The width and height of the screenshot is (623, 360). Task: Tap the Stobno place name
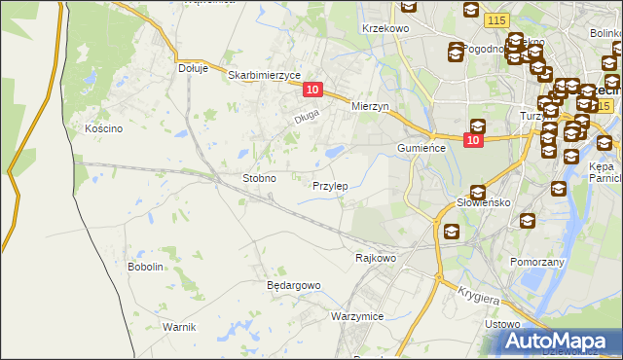259,179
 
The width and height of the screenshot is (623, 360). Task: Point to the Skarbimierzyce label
264,74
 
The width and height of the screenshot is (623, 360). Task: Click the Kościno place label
102,128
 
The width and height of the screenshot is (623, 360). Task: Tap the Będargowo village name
293,285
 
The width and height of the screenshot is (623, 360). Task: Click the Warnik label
180,327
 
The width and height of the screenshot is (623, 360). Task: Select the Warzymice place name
356,317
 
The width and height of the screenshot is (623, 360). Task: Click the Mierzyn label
370,106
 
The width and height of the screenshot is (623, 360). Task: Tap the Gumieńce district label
421,148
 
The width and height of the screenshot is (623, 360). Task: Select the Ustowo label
503,324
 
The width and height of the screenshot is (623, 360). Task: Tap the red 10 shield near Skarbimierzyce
311,90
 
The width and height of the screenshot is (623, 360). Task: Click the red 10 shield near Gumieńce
473,141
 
